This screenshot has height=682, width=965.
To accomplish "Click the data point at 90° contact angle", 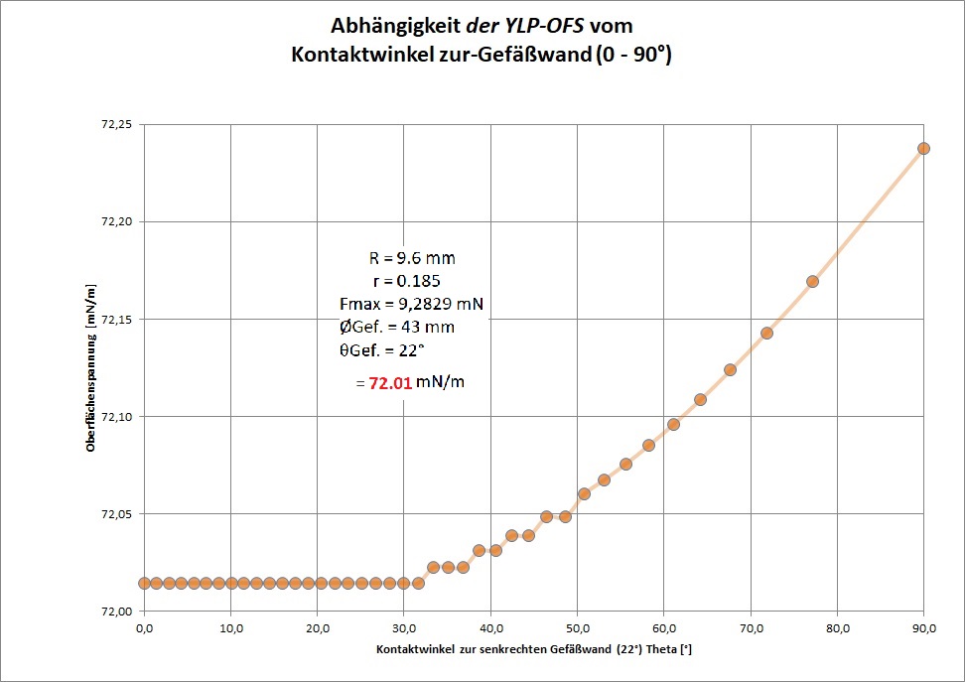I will (x=923, y=148).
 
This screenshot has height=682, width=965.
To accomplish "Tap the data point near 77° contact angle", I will (x=812, y=281).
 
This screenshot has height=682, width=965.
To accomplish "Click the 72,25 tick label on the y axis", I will (x=114, y=124).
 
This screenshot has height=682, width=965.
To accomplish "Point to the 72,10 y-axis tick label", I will (x=114, y=417).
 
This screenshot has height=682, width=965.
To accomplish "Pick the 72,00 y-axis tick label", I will (x=114, y=612).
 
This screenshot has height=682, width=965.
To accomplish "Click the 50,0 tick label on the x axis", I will (x=578, y=628).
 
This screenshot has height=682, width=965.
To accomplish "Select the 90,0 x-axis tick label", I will (x=923, y=628).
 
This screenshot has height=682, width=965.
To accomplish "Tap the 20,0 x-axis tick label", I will (x=318, y=628).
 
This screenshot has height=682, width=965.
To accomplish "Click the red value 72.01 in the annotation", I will (x=390, y=382).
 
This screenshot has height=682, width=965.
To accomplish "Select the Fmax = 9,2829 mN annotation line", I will (x=411, y=304).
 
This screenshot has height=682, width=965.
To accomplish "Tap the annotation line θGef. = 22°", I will (x=382, y=348).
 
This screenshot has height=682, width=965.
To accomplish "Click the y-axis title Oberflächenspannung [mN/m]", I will (x=90, y=368).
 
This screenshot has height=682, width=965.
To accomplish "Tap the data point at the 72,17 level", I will (x=812, y=281).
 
